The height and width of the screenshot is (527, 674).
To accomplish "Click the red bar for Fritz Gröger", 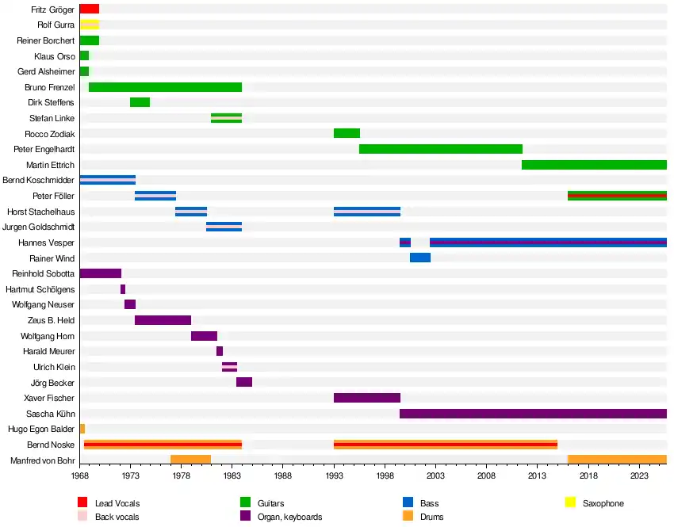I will tap(89, 9).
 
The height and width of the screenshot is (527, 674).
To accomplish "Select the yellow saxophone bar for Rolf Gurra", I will tap(89, 25).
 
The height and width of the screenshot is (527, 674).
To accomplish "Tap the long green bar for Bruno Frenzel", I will tap(165, 87).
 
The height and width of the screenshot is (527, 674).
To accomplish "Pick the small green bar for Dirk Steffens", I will tap(140, 102).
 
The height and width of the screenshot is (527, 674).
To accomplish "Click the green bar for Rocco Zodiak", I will tap(347, 133).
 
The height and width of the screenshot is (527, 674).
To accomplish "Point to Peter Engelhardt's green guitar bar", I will tap(441, 149).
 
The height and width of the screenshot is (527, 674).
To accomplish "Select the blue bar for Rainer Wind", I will tap(420, 258).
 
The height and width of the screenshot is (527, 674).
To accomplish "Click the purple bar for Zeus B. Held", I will tap(163, 320).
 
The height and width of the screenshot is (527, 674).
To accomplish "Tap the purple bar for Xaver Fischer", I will tap(367, 398).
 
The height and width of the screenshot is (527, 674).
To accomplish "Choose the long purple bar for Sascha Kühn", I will tap(533, 413).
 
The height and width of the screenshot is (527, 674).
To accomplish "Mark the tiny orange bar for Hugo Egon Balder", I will tap(82, 429).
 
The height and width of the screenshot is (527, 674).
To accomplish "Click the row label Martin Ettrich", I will tap(50, 165).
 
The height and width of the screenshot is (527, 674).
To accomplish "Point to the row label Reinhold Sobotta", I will tap(43, 273).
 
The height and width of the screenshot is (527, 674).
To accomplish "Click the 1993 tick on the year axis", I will tap(334, 475).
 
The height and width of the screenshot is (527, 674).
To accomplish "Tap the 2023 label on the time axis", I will tap(640, 475).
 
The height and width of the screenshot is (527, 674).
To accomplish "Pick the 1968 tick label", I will tap(79, 475).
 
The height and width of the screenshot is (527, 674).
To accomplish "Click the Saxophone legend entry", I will tap(603, 503).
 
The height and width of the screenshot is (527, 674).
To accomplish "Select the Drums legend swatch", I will tap(408, 517).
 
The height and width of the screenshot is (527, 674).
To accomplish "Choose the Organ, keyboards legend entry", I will tap(289, 517).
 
